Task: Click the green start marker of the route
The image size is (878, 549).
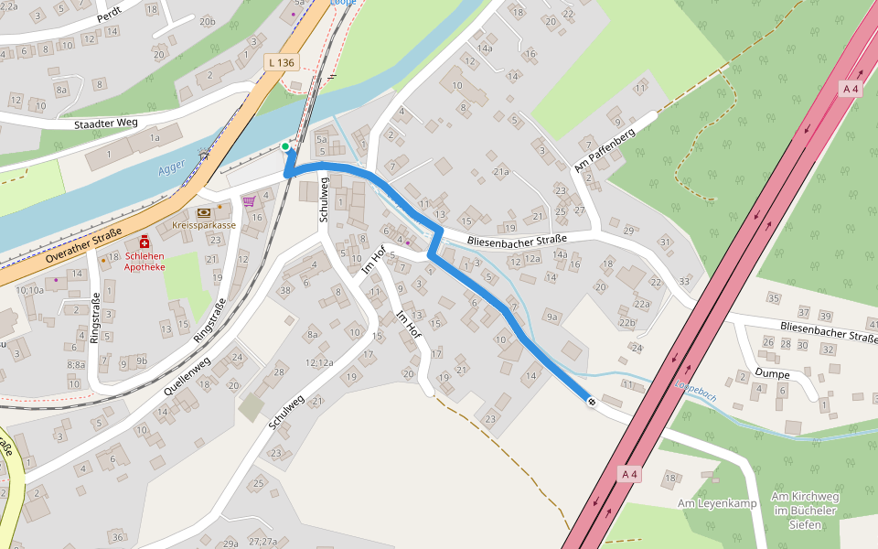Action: (x=285, y=146)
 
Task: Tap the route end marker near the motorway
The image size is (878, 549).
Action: (x=592, y=402)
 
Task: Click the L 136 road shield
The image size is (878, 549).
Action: (x=281, y=62)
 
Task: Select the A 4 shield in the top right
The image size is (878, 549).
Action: (x=851, y=88)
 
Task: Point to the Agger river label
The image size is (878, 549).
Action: (x=171, y=167)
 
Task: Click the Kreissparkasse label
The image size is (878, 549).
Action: (x=203, y=224)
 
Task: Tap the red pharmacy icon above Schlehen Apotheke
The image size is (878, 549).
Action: (x=145, y=241)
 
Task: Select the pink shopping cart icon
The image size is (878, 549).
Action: (x=248, y=200)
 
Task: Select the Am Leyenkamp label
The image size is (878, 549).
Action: (x=717, y=504)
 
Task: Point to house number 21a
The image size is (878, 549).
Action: (x=500, y=171)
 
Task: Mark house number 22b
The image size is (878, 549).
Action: (x=626, y=323)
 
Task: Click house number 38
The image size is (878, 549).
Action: (x=285, y=290)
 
